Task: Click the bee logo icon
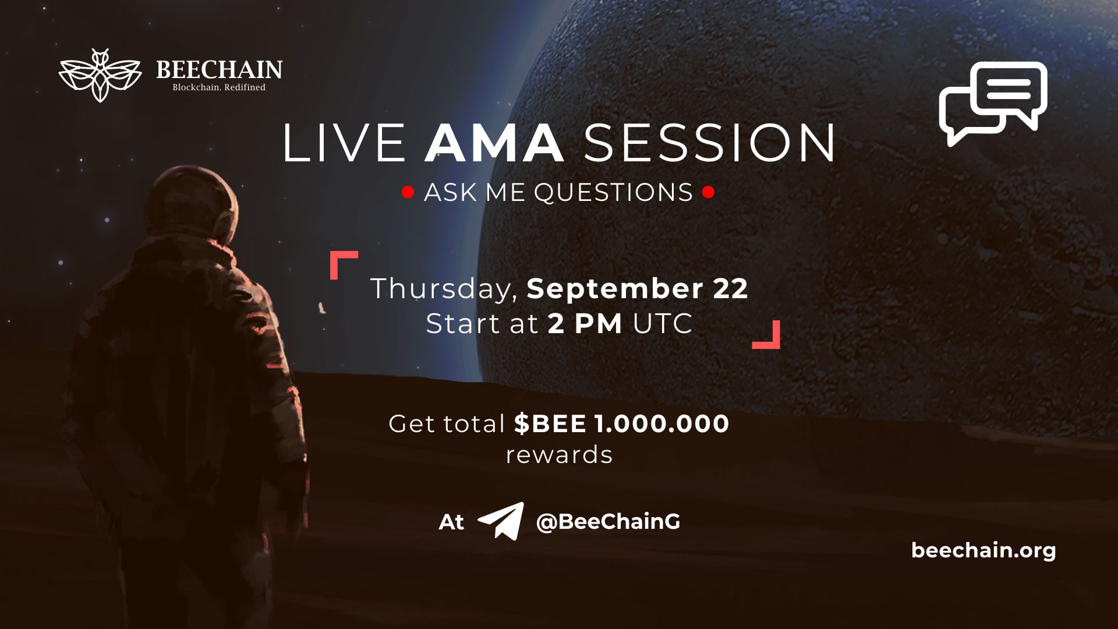point(100,76)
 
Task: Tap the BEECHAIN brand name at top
point(219,70)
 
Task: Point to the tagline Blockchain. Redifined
point(219,87)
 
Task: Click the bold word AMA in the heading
point(494,143)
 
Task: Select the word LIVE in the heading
point(344,143)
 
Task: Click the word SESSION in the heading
point(709,143)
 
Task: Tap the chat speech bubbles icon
point(992,103)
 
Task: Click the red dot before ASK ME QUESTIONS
point(408,192)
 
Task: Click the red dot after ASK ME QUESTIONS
point(708,192)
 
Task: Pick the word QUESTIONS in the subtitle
point(613,192)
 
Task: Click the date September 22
point(637,289)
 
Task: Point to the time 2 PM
point(585,324)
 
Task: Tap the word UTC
point(663,324)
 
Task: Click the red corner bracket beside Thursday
point(342,263)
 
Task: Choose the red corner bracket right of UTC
point(767,336)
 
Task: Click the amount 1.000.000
point(661,423)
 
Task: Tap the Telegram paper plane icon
point(501,520)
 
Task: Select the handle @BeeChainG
point(608,521)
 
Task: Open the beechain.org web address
point(983,550)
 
